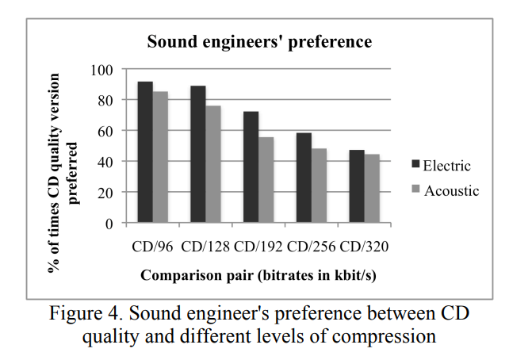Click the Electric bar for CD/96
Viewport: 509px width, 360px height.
coord(145,152)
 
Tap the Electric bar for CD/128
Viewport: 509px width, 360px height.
coord(198,155)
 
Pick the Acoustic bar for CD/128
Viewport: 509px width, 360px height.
coord(213,164)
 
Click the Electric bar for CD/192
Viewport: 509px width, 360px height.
coord(251,167)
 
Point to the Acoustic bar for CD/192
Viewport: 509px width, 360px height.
coord(266,180)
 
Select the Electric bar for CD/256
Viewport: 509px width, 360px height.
coord(304,178)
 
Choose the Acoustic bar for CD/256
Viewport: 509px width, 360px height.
coord(319,186)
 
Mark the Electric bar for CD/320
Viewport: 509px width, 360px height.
coord(357,186)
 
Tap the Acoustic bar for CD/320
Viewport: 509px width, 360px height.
coord(372,189)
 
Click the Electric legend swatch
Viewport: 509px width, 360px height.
coord(415,166)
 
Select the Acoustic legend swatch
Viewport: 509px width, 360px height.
coord(415,190)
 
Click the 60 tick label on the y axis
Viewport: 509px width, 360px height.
coord(105,131)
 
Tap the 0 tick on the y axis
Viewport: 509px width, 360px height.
coord(109,223)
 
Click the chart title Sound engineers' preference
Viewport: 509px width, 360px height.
coord(259,40)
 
